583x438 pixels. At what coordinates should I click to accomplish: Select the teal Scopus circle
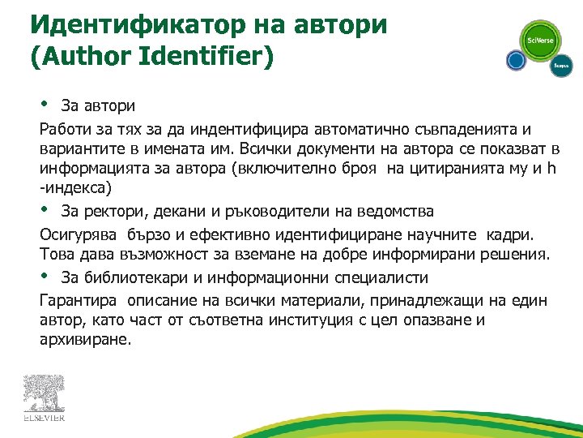[561, 66]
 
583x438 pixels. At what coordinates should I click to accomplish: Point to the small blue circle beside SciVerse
[516, 61]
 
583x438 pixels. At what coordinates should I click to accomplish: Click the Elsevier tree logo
[43, 398]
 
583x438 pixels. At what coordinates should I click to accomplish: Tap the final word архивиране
[83, 339]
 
